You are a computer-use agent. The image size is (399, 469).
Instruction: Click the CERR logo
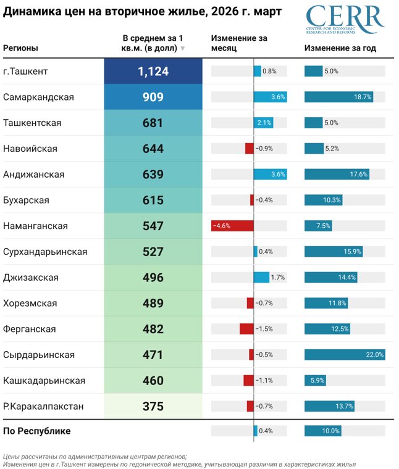[x=345, y=21]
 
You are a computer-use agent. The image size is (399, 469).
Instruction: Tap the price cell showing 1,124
[x=153, y=72]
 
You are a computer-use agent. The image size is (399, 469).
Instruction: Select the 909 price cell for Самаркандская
[x=153, y=98]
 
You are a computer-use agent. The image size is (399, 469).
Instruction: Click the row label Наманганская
[x=36, y=226]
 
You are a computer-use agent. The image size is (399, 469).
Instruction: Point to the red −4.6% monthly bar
[x=232, y=226]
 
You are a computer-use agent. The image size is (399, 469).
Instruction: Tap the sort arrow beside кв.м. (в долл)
[x=183, y=49]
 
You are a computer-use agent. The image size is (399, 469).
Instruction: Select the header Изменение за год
[x=340, y=48]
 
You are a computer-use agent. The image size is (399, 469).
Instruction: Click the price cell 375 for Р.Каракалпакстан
[x=153, y=406]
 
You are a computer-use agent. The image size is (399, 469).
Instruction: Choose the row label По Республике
[x=37, y=431]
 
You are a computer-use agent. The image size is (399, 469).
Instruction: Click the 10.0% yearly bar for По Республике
[x=322, y=431]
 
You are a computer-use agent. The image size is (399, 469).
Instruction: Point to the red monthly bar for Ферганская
[x=246, y=328]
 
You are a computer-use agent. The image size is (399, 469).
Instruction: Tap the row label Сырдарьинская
[x=39, y=354]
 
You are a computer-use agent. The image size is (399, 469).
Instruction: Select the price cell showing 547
[x=153, y=226]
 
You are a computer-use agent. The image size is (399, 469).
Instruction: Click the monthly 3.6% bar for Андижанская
[x=270, y=174]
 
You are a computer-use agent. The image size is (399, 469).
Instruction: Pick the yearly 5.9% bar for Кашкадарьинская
[x=315, y=380]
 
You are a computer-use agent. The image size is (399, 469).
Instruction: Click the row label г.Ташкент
[x=26, y=72]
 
